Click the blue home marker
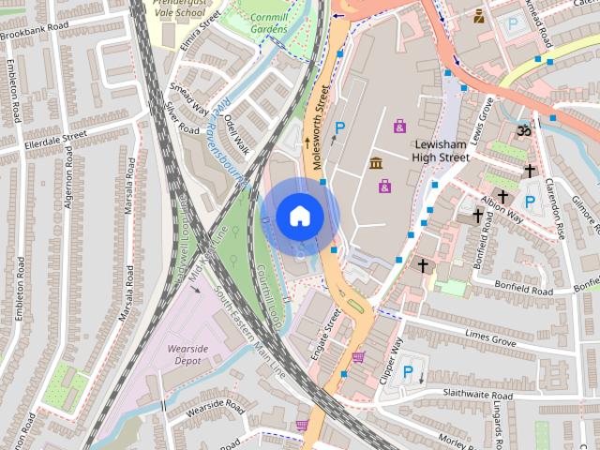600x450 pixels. point(300,216)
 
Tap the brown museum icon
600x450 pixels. point(376,165)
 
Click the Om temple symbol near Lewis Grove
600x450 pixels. point(524,132)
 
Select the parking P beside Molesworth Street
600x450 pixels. point(340,127)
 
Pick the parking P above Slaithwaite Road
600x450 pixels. point(408,372)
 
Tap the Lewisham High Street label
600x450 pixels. point(442,151)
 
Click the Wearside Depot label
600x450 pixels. point(187,353)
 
